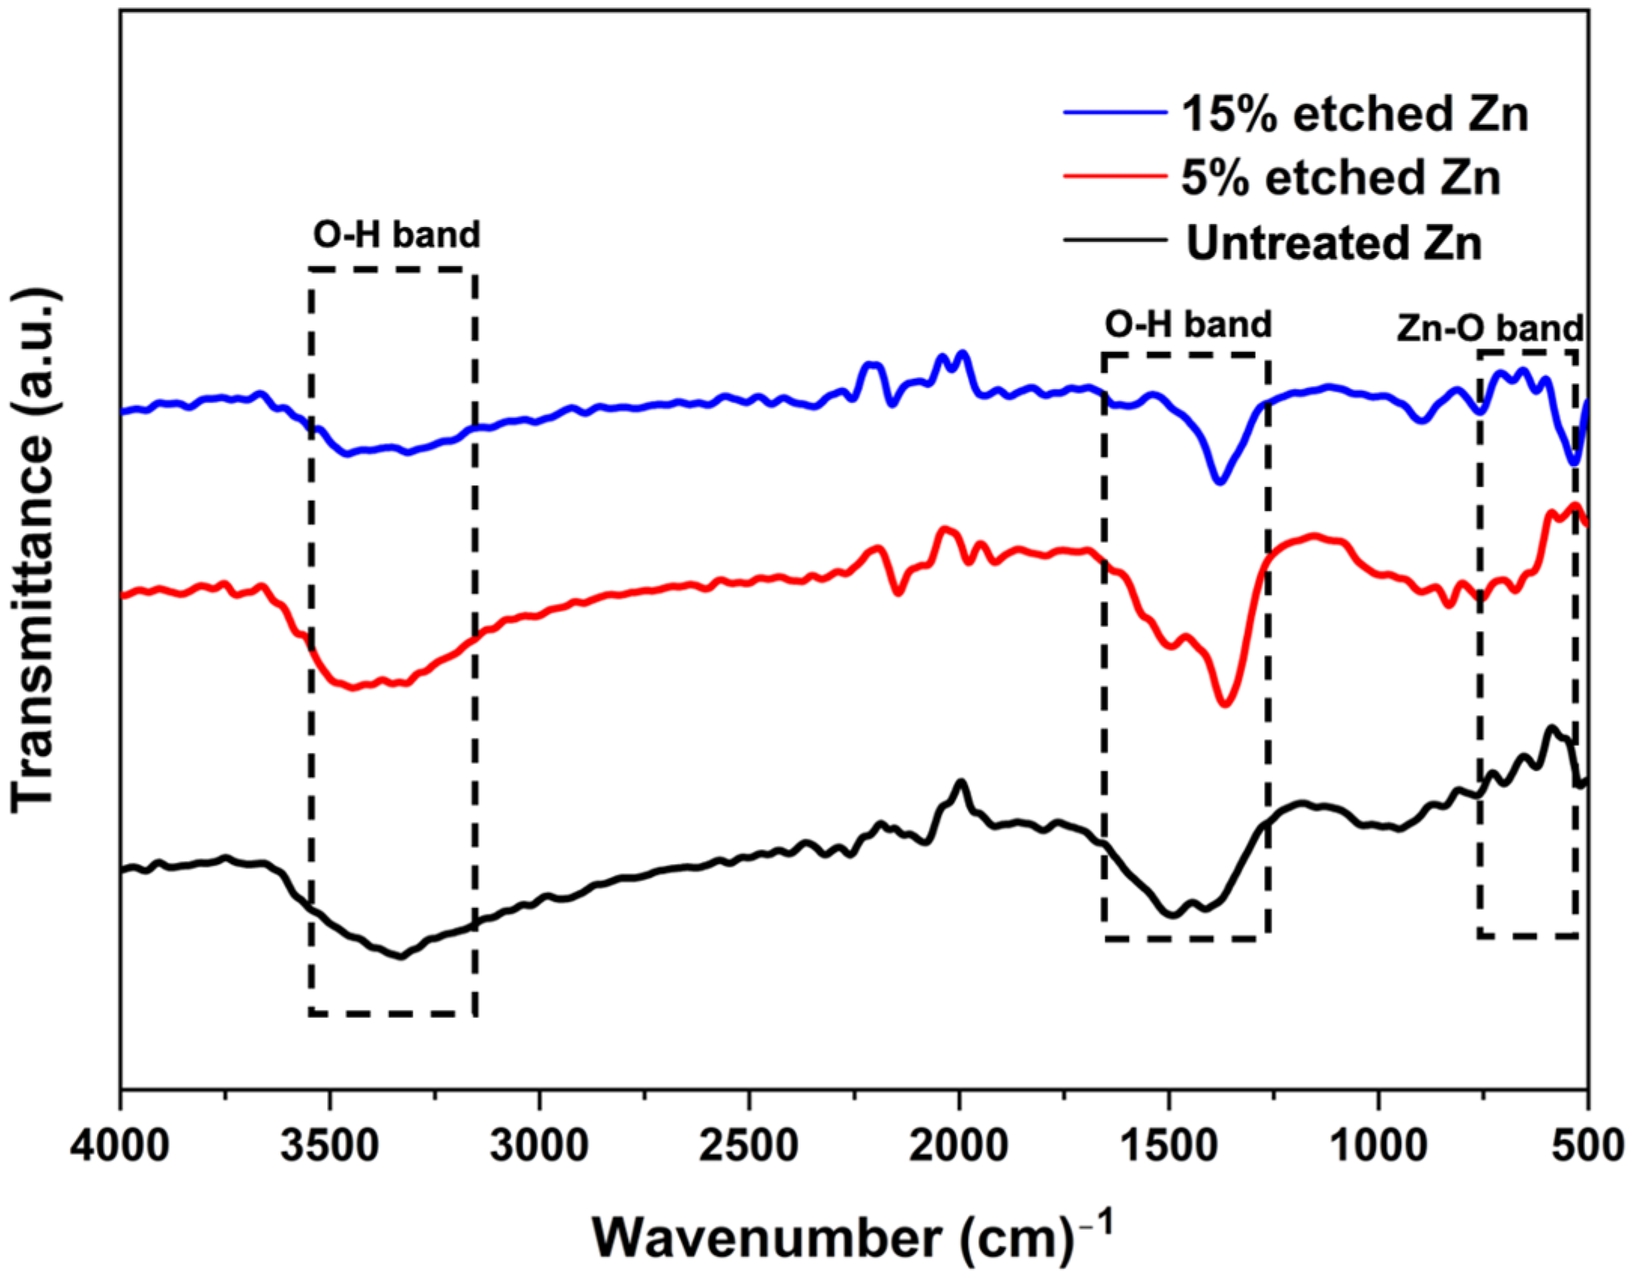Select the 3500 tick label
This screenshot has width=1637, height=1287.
[329, 1146]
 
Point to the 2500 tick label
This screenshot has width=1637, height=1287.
[750, 1146]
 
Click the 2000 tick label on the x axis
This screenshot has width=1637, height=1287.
[959, 1146]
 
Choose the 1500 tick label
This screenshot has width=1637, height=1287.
[1169, 1146]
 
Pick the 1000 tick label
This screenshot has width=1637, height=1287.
[1379, 1146]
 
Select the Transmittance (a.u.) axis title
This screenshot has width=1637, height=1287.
[34, 550]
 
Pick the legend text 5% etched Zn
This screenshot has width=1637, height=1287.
[1341, 179]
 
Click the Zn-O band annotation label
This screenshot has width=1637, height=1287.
[1489, 328]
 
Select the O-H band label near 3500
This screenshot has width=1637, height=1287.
[396, 235]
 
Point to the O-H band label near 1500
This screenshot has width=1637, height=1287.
[1188, 325]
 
